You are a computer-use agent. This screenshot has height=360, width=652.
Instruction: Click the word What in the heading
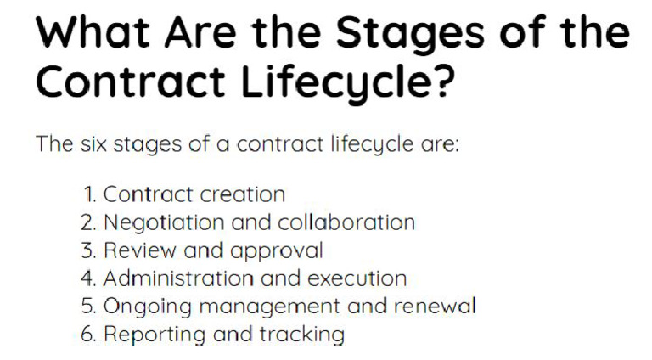[93, 33]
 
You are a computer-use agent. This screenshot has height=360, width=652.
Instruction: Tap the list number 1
[89, 194]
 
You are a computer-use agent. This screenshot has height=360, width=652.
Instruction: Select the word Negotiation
[157, 223]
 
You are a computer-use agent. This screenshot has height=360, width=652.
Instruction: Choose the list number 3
[89, 250]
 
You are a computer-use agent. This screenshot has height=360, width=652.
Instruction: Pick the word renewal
[438, 306]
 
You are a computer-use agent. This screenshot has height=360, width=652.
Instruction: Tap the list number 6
[89, 334]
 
